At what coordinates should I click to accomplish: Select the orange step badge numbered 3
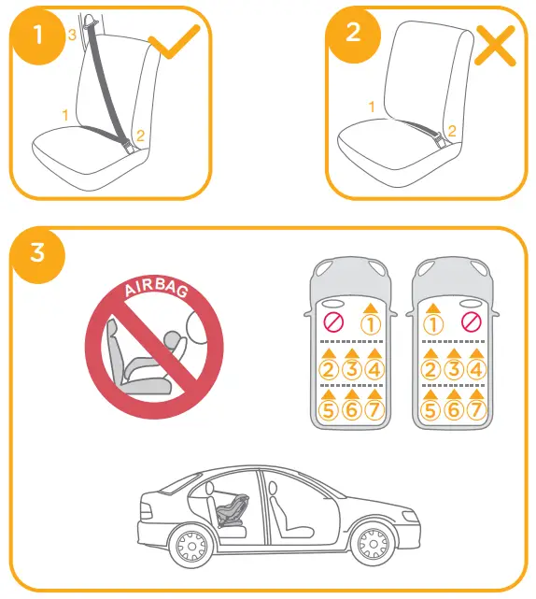(x=37, y=253)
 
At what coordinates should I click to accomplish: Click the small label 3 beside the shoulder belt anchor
(x=72, y=35)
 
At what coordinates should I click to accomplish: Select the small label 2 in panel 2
(x=451, y=131)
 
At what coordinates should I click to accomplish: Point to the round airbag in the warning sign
(x=199, y=330)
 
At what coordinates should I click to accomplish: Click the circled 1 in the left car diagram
(x=371, y=324)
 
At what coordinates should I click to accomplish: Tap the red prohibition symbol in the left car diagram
(x=331, y=323)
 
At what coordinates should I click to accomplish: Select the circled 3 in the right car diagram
(x=452, y=369)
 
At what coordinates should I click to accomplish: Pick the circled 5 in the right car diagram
(x=430, y=409)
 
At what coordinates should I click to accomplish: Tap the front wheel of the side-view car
(x=375, y=543)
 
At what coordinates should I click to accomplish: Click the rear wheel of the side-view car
(x=192, y=545)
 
